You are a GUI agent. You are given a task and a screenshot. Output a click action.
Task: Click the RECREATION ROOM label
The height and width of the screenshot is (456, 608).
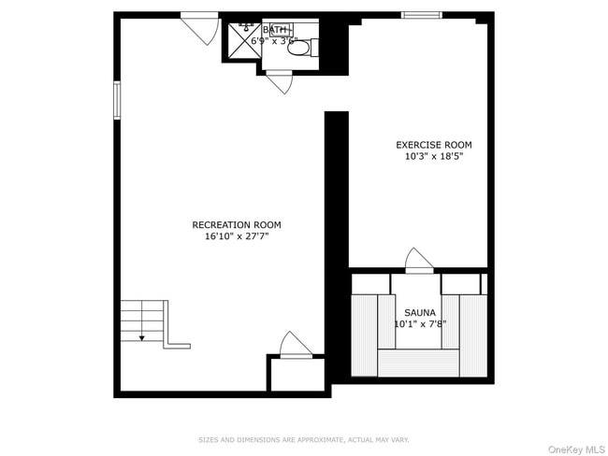point(236,225)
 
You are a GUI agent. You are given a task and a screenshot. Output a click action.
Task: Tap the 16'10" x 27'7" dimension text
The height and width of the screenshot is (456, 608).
point(236,237)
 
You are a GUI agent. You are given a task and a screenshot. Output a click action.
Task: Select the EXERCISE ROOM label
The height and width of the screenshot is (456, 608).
point(433,145)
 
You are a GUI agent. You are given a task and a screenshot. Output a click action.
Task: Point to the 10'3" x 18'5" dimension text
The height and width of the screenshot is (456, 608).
point(433,157)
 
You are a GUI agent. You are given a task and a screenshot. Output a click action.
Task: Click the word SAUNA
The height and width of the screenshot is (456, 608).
point(419,312)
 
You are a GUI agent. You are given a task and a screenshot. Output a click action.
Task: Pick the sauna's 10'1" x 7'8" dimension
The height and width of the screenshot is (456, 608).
point(419,324)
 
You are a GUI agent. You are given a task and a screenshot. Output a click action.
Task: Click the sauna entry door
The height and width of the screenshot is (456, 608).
point(419,261)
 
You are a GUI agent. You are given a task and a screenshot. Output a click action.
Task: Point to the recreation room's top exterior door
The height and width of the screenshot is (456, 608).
point(200,25)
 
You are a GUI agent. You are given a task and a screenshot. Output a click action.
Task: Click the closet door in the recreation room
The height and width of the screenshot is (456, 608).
point(296,345)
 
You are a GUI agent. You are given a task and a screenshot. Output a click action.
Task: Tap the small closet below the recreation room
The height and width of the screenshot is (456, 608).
point(296,373)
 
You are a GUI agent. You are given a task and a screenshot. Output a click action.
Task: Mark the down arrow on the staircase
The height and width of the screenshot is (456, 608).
point(141,336)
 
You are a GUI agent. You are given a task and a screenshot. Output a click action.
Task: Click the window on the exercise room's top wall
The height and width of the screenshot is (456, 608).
point(421,15)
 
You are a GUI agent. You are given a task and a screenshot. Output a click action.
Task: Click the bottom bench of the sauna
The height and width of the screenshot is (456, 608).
point(419,363)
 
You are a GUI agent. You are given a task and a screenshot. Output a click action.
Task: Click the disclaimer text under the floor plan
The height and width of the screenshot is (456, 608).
point(303,439)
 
